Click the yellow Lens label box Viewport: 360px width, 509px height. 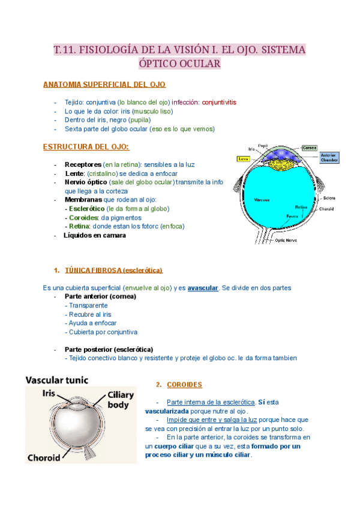[x=243, y=160]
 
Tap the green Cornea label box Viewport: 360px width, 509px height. [x=310, y=147]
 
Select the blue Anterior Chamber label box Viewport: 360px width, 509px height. [x=329, y=158]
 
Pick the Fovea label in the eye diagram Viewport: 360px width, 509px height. [x=292, y=215]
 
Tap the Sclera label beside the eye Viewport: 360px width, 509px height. [x=329, y=197]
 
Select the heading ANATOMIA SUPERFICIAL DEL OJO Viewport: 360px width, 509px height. [x=104, y=85]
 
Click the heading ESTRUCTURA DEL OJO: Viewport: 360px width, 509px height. [x=86, y=146]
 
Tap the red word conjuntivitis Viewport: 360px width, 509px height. [x=219, y=102]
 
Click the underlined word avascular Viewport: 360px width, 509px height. [x=203, y=288]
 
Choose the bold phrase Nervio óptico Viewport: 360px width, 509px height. [x=86, y=181]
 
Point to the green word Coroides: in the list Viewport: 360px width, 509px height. [x=83, y=217]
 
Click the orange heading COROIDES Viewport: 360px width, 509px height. [x=184, y=385]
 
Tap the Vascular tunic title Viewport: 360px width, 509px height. [x=57, y=379]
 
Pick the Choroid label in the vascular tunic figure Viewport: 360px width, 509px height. [x=44, y=457]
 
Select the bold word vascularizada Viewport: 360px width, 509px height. [x=171, y=411]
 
